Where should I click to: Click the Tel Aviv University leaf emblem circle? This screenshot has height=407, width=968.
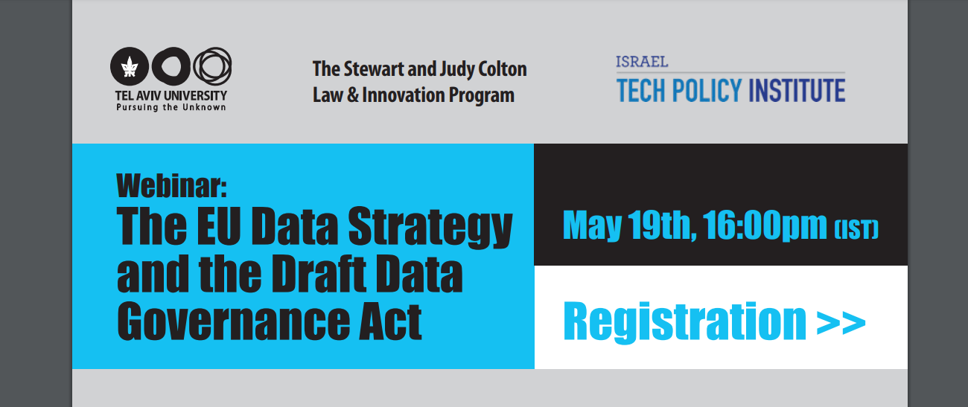(130, 66)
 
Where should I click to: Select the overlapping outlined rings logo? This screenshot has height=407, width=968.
(213, 66)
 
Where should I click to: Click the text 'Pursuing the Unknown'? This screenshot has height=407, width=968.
(171, 107)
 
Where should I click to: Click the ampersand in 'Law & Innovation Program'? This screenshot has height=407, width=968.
(353, 95)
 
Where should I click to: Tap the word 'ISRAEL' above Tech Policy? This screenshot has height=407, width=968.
(642, 63)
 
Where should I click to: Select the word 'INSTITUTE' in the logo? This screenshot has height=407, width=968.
(797, 90)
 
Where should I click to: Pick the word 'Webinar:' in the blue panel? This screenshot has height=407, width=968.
(171, 186)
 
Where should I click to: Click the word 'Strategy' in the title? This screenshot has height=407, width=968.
(430, 228)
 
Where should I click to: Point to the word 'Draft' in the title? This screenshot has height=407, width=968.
(319, 274)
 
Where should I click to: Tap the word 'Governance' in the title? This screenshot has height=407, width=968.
(233, 321)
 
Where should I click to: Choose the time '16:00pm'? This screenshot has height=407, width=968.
(765, 226)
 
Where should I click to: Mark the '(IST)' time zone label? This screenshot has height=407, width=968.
(856, 229)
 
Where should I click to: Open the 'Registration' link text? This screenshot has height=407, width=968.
(685, 321)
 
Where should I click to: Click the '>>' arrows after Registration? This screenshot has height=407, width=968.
(841, 323)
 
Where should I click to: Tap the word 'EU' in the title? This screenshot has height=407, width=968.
(219, 225)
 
